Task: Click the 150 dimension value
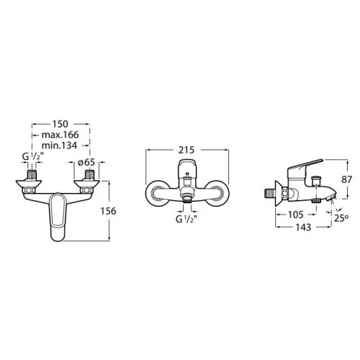point(60,124)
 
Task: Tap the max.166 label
point(60,135)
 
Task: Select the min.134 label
point(59,145)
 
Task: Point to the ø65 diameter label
point(86,163)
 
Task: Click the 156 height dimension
point(108,211)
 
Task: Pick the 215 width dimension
point(186,150)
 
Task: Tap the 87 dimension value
point(346,179)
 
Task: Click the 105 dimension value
point(296,215)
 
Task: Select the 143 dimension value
point(303,227)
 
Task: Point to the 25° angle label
point(341,218)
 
